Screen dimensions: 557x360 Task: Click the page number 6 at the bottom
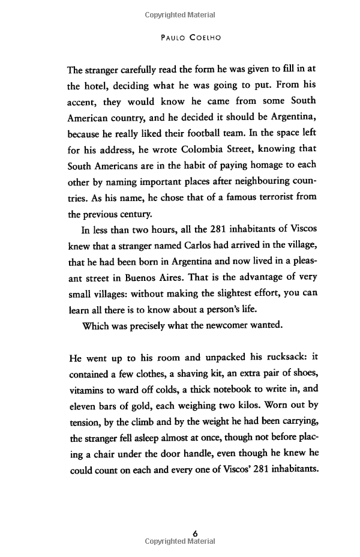pos(195,532)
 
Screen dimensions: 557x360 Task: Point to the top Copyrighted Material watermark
pos(180,14)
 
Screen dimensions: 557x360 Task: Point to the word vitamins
pos(88,390)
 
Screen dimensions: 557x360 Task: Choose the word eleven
pos(84,406)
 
